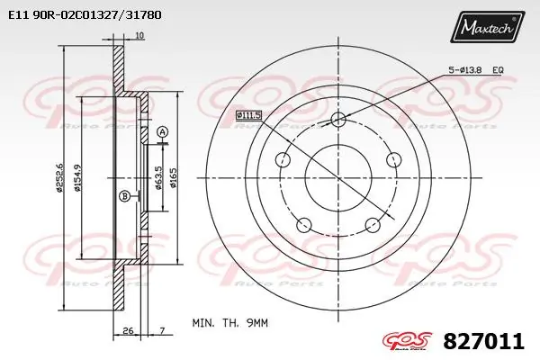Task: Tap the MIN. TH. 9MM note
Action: pos(229,321)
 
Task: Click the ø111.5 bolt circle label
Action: pos(249,114)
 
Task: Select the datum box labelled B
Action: pos(124,196)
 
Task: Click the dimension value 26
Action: pos(130,332)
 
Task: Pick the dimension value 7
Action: pos(161,332)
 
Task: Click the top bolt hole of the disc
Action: pos(338,121)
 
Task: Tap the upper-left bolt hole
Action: pos(283,160)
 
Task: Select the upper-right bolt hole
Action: pos(393,160)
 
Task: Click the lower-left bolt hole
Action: pos(304,225)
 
